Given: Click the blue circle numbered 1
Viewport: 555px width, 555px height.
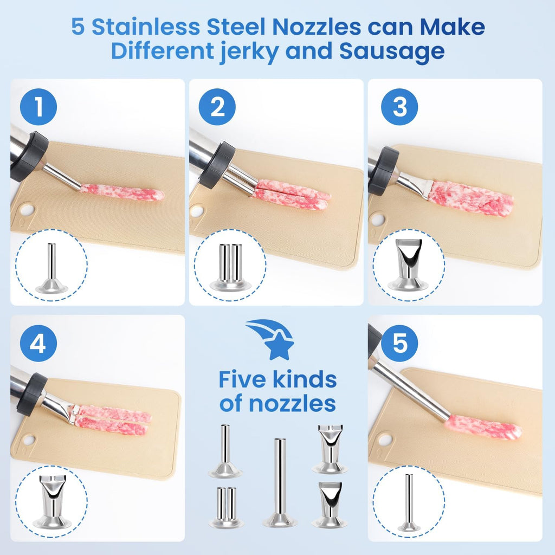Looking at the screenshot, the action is coord(38,107).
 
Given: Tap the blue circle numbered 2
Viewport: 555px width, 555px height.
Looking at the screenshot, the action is coord(217,107).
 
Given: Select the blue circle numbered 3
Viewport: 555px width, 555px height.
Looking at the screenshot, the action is coord(399,107).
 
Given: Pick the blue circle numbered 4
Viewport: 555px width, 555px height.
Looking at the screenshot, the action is coord(38,343).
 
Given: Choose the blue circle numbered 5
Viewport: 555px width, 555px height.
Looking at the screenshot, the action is coord(399,343).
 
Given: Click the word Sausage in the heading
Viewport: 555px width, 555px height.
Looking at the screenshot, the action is coord(392,50).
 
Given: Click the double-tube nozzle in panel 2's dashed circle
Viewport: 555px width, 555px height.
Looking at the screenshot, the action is coord(230,267).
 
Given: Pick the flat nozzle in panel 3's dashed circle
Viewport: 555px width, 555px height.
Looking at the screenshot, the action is coord(409,264).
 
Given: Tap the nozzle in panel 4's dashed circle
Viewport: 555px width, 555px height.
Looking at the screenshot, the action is coord(53,501).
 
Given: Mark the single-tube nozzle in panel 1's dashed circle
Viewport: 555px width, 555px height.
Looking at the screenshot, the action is coord(51,268).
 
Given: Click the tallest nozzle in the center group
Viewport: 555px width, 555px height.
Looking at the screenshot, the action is coord(280,482).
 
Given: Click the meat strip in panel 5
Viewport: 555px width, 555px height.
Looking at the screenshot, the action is coord(483,427).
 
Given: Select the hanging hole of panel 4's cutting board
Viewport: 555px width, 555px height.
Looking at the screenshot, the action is coord(28,440).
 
